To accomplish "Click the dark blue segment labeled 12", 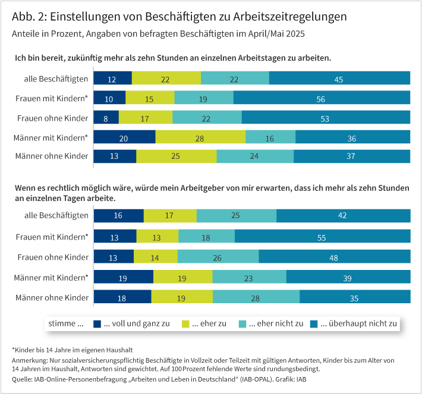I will click(x=113, y=78).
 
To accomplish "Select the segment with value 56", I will click(x=322, y=98).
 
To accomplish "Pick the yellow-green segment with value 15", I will click(x=150, y=98).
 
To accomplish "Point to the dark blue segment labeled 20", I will click(x=125, y=137).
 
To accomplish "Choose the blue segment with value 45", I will click(x=339, y=78).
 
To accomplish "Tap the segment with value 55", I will click(x=322, y=236).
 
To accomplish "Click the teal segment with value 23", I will click(x=249, y=276).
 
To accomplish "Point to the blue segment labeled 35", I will click(x=355, y=297).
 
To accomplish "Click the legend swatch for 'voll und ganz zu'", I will click(x=98, y=323).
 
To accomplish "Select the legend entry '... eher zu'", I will click(x=204, y=323).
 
